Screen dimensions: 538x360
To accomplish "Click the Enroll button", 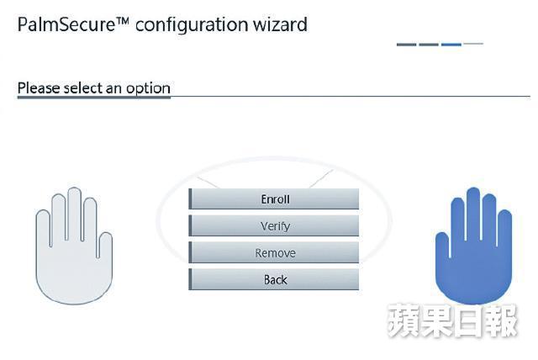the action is coord(274,199).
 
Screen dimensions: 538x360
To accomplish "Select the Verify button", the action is coord(274,225).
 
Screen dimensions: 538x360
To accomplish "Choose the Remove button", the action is coord(274,252).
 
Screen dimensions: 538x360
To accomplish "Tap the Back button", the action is coord(274,279).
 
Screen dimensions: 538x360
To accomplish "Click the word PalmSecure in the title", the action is coord(66,24).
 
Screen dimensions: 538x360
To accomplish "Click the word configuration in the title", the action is coord(192,26).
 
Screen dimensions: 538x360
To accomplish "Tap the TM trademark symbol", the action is coord(122,20).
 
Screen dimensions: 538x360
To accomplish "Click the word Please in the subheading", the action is coord(39,87).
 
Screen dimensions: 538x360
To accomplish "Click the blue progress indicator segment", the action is coord(451,45).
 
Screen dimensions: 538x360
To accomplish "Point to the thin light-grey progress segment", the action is coord(473,44).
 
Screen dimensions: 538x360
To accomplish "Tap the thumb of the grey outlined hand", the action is coord(105,245).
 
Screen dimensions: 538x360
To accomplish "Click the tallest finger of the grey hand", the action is coord(74,213).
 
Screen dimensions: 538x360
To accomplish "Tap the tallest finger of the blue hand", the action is coord(473,213).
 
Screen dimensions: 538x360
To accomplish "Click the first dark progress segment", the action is coord(407,45).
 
